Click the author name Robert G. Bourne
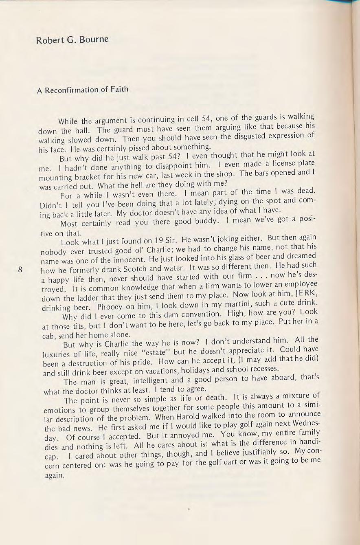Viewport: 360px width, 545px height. coord(72,40)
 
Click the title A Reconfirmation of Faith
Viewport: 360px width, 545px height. coord(82,90)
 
